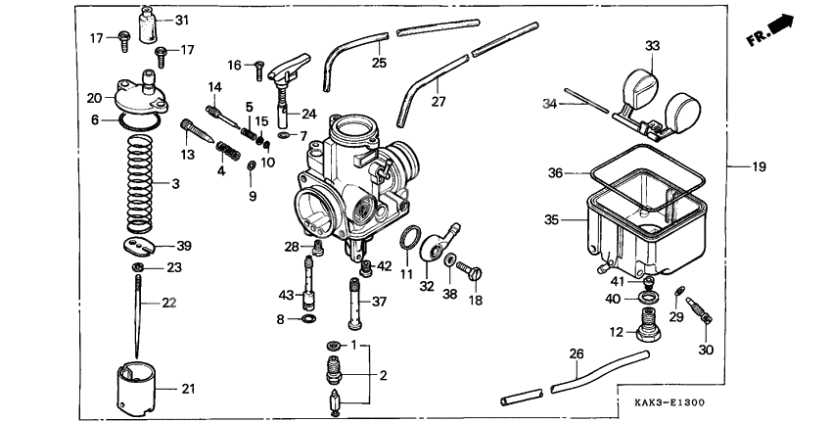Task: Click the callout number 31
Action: [183, 21]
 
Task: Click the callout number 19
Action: [759, 166]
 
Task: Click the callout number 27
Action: [438, 102]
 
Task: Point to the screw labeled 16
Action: [257, 69]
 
